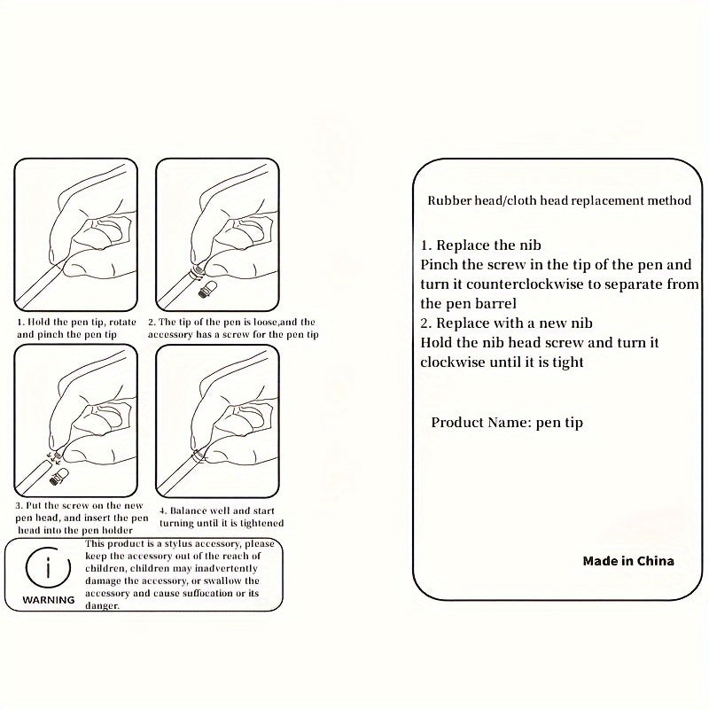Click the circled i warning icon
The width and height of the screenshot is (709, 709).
point(49,568)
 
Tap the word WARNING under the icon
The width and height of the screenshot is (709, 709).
point(49,600)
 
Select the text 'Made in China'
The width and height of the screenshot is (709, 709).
point(628,561)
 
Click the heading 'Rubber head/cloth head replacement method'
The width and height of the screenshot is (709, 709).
point(559,200)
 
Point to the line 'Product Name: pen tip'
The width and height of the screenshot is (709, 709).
point(507,423)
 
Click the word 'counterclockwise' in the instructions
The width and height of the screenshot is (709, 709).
point(525,284)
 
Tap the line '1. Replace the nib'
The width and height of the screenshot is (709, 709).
point(480,245)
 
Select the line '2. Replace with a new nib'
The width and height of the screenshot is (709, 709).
point(506,323)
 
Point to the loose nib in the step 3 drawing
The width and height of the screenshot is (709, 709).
point(58,477)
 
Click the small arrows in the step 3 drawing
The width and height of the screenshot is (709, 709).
point(53,457)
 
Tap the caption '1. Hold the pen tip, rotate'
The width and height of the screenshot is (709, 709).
point(76,322)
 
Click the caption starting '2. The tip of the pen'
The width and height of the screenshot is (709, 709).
point(233,328)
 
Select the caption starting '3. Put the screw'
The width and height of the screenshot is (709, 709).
point(82,518)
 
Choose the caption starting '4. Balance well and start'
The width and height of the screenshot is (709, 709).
point(222,517)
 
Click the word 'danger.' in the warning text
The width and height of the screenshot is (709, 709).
point(102,606)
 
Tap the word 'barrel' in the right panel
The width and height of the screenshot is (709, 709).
point(495,303)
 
